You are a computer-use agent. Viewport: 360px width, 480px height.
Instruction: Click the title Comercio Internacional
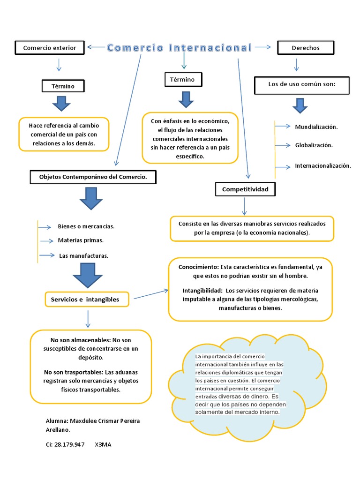tap(179, 48)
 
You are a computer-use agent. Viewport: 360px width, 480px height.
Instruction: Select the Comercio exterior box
tap(49, 47)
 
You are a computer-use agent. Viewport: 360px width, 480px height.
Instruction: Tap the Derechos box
tap(306, 48)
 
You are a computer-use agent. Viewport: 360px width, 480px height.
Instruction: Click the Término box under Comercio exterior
tap(63, 86)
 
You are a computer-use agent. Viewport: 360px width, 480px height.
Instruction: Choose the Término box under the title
tap(183, 80)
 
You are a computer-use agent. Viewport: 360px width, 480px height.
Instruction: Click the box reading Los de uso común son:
tap(302, 85)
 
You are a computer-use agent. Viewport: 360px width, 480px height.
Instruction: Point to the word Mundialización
tap(316, 127)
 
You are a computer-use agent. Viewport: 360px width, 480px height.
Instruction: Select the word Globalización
tap(314, 145)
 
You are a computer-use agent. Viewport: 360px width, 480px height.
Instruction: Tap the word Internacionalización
tap(322, 165)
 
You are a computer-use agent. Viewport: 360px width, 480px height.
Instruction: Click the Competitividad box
tap(245, 189)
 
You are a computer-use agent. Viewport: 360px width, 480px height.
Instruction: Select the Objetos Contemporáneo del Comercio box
tap(92, 177)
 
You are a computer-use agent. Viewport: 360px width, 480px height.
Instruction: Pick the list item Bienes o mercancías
tap(86, 226)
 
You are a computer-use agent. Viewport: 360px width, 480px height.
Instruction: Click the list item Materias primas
tap(80, 240)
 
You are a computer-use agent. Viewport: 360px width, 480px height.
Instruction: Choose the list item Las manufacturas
tap(83, 255)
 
